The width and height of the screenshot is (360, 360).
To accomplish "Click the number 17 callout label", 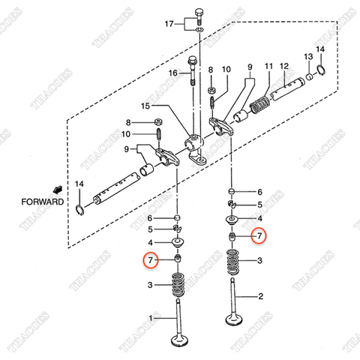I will click(168, 25).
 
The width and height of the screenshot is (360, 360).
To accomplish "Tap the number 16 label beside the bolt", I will click(172, 73).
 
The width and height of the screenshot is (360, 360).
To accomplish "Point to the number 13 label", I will click(307, 57).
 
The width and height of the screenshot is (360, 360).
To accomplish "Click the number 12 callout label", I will click(284, 67).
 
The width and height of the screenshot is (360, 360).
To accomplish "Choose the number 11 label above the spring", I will click(268, 67).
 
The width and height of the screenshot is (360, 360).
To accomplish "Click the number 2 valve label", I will click(260, 296).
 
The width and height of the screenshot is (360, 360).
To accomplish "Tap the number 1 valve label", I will click(152, 319).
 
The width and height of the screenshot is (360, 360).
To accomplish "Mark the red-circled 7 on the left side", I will click(151, 261).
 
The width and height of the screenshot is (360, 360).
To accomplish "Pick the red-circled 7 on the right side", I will click(259, 235).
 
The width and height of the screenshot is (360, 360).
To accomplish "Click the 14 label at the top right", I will click(321, 50).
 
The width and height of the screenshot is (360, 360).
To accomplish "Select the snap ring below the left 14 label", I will click(81, 207).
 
